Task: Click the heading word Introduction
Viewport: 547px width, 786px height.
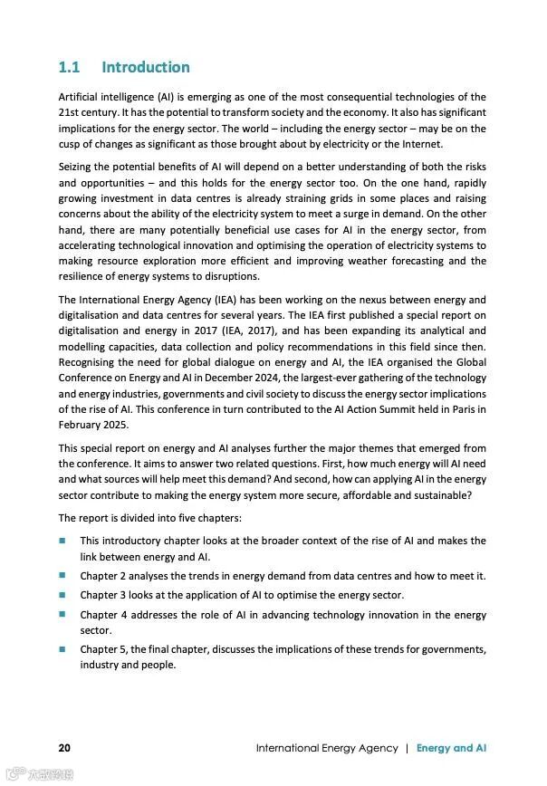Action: tap(146, 67)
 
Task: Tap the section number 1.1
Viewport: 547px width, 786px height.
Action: tap(70, 67)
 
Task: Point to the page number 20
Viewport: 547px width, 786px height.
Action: tap(64, 748)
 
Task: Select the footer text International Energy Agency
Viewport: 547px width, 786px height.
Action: tap(327, 748)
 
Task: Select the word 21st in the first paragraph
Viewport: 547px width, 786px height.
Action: tap(70, 112)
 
